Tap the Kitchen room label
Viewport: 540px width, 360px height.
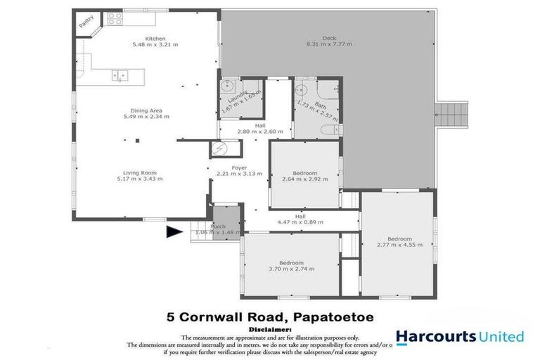155,38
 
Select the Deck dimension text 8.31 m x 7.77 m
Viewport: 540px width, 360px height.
328,45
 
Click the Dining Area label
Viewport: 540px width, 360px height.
150,110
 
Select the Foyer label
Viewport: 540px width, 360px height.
220,167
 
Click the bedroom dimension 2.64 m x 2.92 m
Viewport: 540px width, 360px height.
304,179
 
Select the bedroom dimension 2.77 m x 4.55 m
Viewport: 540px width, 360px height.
399,246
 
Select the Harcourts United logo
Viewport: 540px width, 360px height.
459,337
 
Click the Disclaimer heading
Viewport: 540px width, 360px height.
270,328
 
